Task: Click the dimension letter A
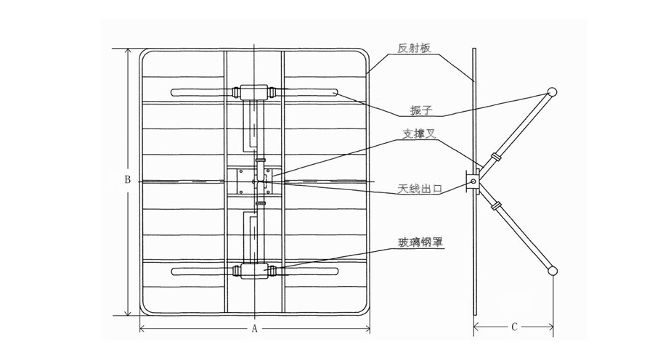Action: (255, 328)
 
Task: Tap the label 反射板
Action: (415, 49)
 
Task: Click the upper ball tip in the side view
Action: (552, 92)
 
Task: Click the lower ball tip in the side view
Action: (552, 271)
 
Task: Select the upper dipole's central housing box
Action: (254, 93)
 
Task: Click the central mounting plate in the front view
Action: (254, 181)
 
